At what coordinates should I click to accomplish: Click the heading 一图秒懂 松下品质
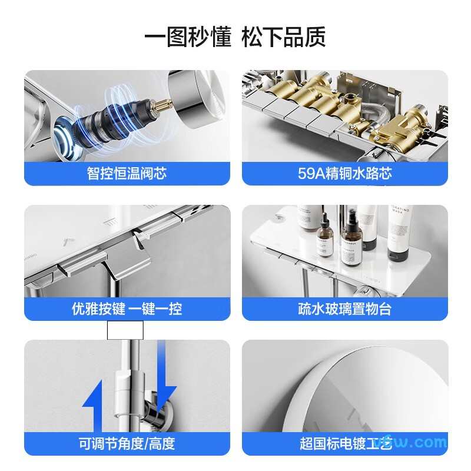[x=235, y=37]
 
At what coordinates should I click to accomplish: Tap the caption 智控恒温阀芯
[x=127, y=174]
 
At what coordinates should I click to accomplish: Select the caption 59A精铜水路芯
[x=345, y=174]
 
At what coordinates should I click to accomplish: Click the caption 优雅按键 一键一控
[x=127, y=309]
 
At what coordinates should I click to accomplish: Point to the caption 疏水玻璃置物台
[x=345, y=309]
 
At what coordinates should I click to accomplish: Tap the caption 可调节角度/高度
[x=127, y=443]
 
